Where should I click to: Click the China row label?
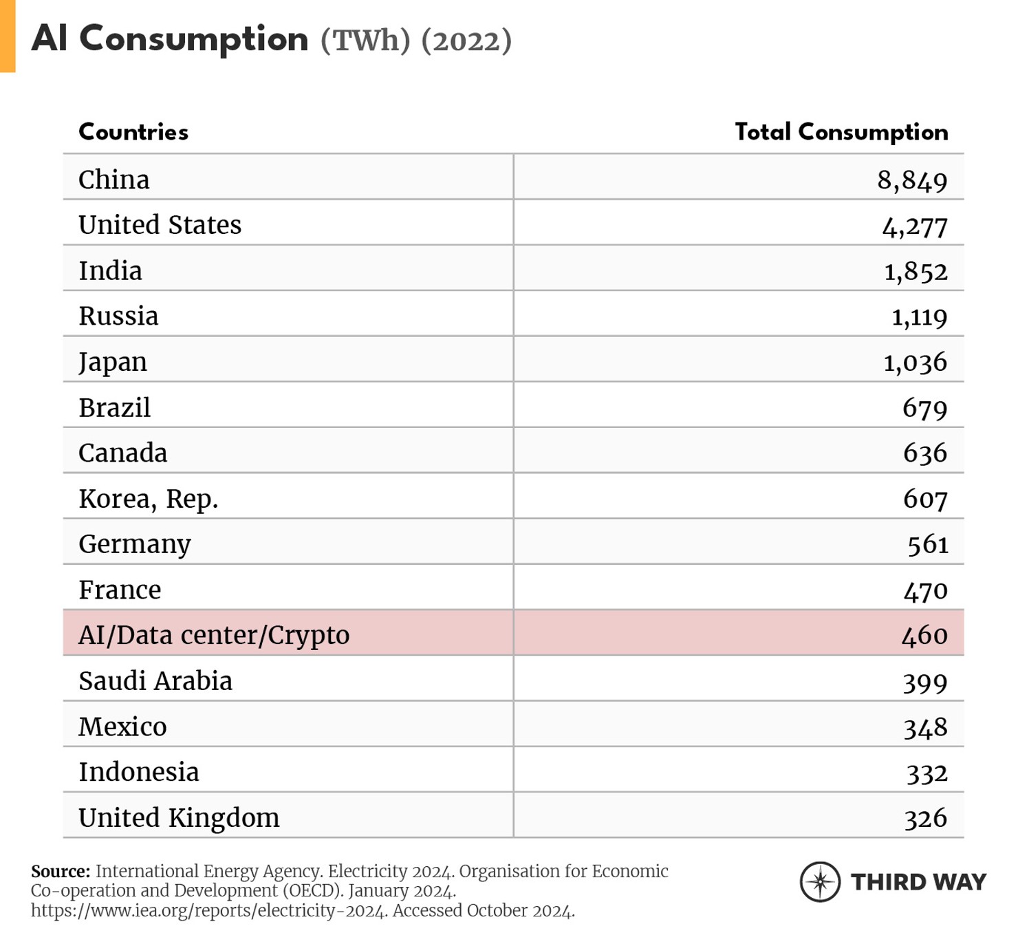click(113, 180)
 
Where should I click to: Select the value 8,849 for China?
click(912, 180)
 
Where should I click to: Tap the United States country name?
click(160, 225)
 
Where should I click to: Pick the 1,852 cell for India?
click(916, 271)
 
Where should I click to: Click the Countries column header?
click(133, 131)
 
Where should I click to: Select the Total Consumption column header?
click(841, 131)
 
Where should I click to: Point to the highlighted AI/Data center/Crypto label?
click(214, 635)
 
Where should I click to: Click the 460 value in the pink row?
click(924, 635)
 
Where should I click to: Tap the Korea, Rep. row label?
click(148, 499)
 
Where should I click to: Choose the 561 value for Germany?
click(927, 544)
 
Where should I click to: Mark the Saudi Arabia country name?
click(155, 681)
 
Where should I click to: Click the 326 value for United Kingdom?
click(925, 818)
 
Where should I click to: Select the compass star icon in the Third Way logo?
click(820, 881)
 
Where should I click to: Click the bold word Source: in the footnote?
click(61, 871)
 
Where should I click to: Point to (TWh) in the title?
click(365, 40)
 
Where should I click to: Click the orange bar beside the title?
click(7, 36)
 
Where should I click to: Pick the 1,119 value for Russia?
click(919, 316)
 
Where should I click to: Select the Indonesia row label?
click(139, 772)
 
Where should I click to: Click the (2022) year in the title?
click(466, 40)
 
